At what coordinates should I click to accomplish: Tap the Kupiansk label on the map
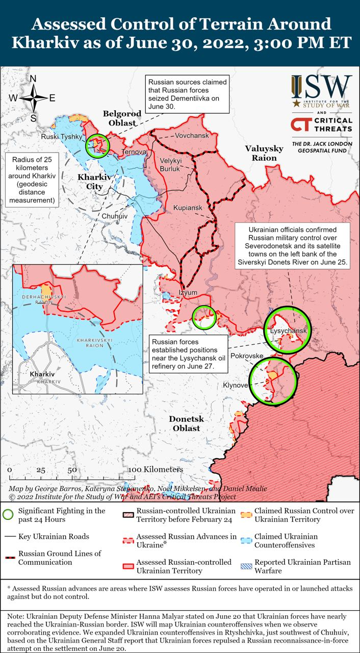click(x=188, y=208)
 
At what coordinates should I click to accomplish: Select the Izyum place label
click(x=187, y=293)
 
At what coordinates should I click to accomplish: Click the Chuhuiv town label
click(x=114, y=216)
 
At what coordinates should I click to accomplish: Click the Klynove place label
click(x=235, y=385)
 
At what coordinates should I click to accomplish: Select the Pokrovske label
click(x=247, y=356)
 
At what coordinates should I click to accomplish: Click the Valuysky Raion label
click(x=264, y=153)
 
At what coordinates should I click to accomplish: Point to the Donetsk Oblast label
click(x=186, y=423)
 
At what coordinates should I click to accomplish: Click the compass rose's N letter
click(x=33, y=79)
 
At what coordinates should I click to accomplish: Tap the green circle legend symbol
click(x=8, y=514)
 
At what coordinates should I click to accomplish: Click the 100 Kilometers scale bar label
click(x=156, y=469)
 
